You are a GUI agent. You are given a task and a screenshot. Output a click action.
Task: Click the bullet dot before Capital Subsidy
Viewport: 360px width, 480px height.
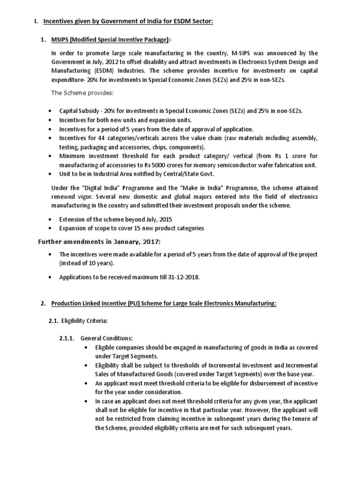(x=51, y=111)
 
